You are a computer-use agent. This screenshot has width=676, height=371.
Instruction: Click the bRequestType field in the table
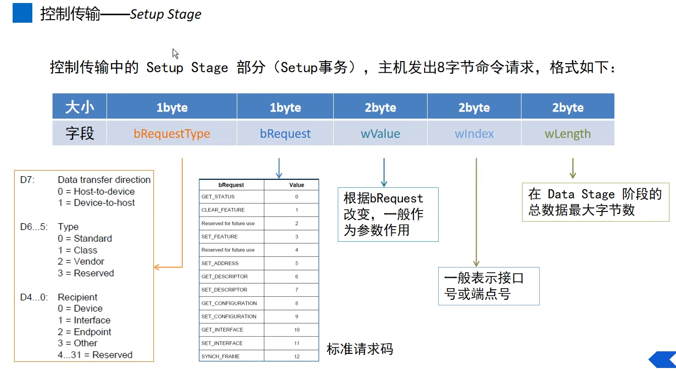tap(172, 134)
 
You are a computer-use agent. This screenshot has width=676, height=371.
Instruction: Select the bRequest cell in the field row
tap(285, 134)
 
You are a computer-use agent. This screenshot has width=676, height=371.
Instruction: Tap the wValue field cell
tap(380, 134)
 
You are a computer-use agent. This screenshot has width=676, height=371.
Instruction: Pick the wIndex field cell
tap(474, 134)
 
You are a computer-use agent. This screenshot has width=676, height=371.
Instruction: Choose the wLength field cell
tap(567, 134)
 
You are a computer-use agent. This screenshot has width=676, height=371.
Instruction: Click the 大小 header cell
tap(79, 108)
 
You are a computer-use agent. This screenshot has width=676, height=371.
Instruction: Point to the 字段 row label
tap(79, 134)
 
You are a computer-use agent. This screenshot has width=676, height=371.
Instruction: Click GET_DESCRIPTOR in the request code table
tap(225, 277)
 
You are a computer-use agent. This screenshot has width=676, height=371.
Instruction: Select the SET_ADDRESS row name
tap(220, 263)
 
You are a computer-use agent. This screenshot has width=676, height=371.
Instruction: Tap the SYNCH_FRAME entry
tap(221, 356)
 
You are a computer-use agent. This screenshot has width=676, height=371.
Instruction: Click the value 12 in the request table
tap(297, 356)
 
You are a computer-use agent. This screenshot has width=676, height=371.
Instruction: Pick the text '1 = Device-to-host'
tap(96, 203)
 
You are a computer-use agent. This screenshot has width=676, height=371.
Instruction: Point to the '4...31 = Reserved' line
tap(95, 355)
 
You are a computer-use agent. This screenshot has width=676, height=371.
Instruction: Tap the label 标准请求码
tap(359, 349)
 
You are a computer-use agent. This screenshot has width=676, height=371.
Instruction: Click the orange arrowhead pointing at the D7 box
tap(157, 267)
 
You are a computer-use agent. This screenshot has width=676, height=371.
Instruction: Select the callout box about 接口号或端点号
tap(488, 286)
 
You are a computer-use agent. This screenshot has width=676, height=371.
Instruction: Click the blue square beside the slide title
tap(22, 13)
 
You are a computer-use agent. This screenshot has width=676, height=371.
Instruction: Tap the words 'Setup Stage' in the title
tap(166, 14)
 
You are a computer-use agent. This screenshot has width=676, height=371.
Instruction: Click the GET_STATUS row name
tap(218, 197)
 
